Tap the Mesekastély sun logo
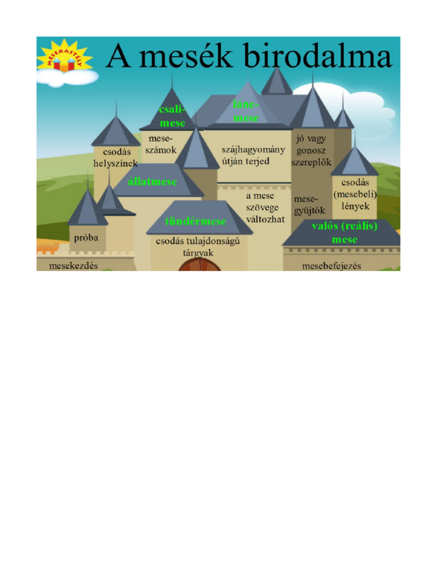[64, 56]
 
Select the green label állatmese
[152, 182]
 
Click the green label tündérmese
[196, 221]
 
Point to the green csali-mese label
[172, 116]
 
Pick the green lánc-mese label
[246, 111]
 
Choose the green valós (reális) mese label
[345, 232]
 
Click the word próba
[86, 238]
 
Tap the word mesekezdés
[73, 266]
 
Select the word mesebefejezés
[331, 266]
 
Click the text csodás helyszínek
[115, 158]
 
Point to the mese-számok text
[161, 144]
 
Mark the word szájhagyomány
[253, 150]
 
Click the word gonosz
[311, 150]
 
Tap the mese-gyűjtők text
[310, 205]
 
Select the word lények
[355, 206]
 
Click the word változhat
[266, 219]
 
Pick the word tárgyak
[198, 253]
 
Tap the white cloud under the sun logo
[68, 77]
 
